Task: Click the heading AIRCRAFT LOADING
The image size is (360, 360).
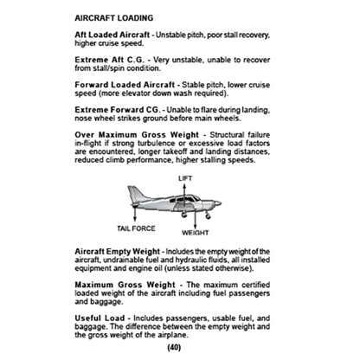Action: click(114, 17)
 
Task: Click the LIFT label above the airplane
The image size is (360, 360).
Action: click(185, 177)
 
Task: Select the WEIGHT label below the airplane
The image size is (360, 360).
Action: click(196, 233)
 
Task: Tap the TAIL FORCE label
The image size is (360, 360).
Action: click(133, 228)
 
